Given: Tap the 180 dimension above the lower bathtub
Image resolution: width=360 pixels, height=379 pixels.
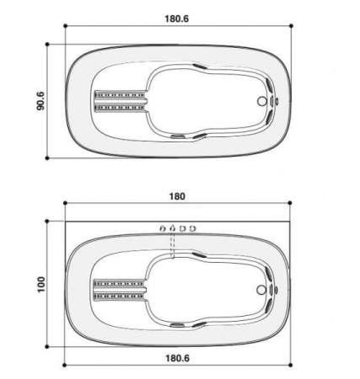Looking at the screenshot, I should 177,196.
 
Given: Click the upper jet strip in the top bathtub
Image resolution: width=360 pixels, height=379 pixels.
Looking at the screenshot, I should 121,93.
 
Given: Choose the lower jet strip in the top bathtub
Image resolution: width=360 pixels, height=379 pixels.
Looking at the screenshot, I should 121,109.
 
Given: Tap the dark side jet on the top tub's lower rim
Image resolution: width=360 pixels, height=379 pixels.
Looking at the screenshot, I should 179,136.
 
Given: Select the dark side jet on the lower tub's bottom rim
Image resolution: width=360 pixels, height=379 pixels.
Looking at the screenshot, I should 179,326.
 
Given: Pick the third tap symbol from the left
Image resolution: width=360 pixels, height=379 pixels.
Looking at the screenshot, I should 183,227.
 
